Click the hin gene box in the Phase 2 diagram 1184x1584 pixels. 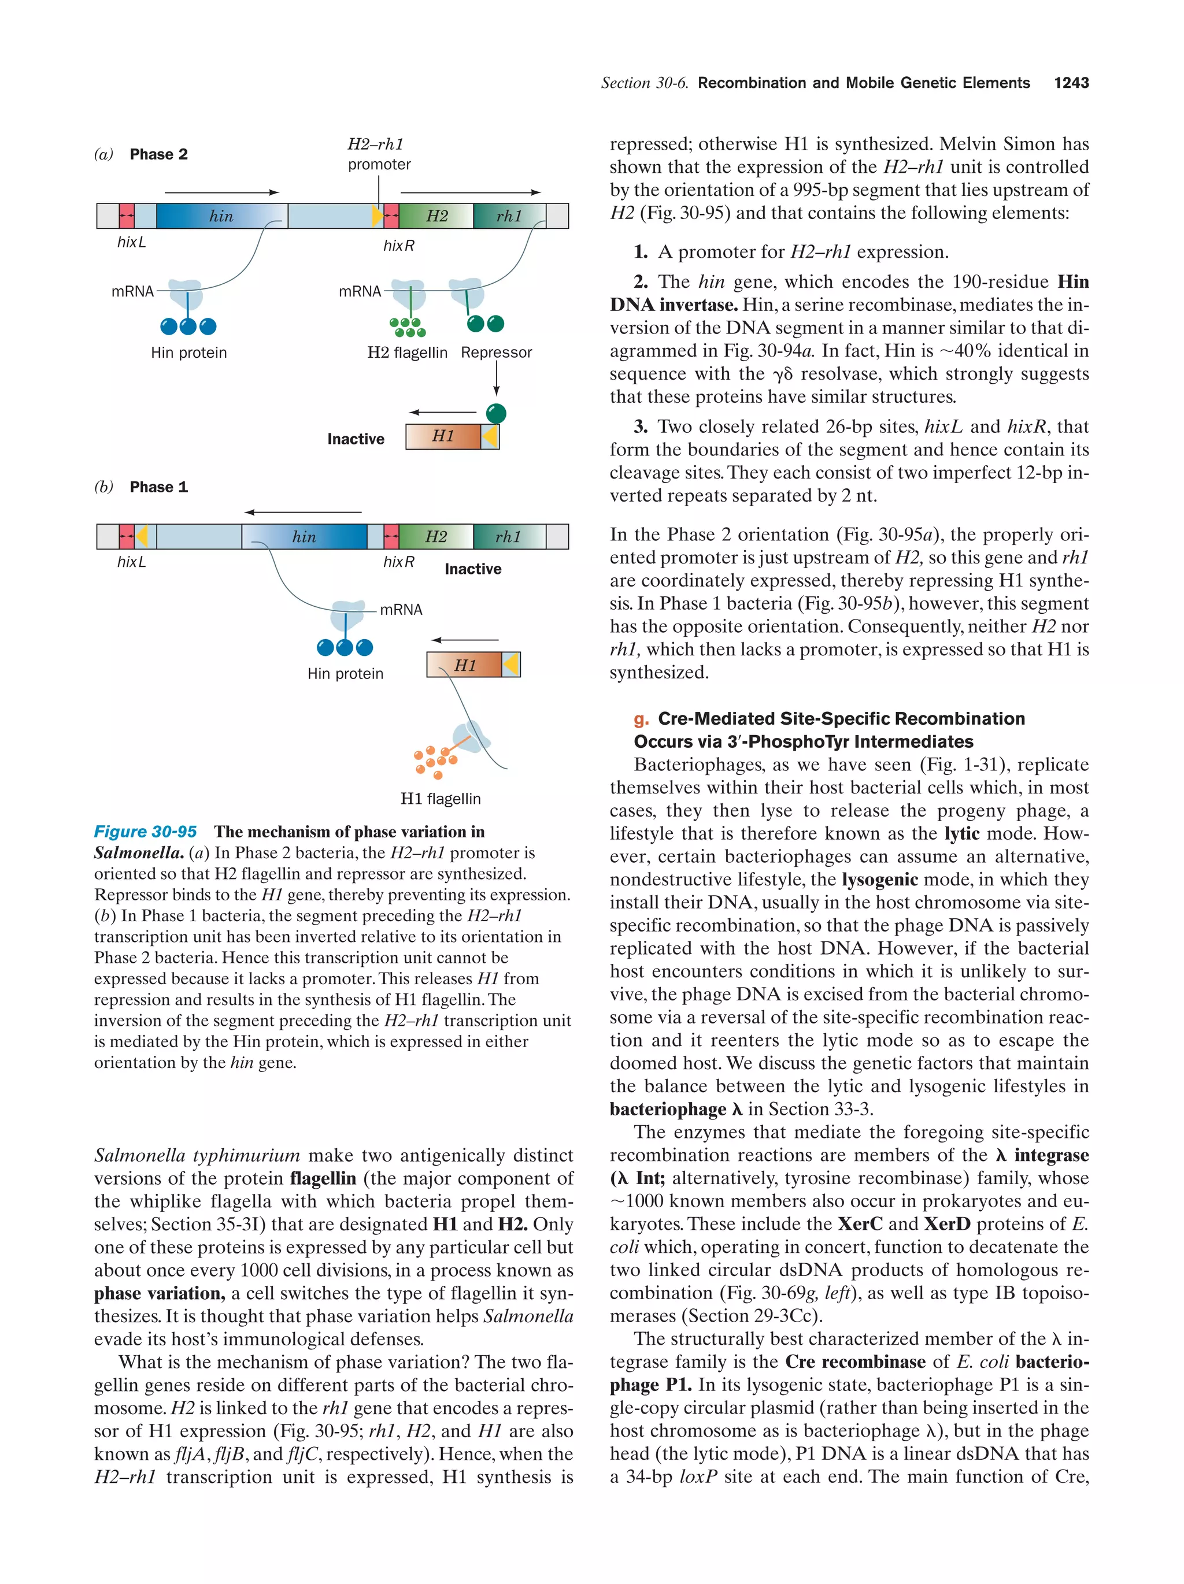[221, 216]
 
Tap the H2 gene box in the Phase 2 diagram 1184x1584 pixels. [435, 216]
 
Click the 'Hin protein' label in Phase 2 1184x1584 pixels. [188, 353]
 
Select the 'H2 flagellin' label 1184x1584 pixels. [407, 353]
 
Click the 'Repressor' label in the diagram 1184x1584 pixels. [497, 353]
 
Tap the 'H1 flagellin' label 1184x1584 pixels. [440, 799]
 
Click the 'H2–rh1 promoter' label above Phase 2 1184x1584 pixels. [379, 154]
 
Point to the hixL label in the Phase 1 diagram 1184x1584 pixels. [131, 562]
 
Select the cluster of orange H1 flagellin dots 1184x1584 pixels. [434, 761]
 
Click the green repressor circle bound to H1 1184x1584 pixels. [495, 413]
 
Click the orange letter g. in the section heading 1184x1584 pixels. [641, 719]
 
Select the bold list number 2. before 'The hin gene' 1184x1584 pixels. [641, 281]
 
